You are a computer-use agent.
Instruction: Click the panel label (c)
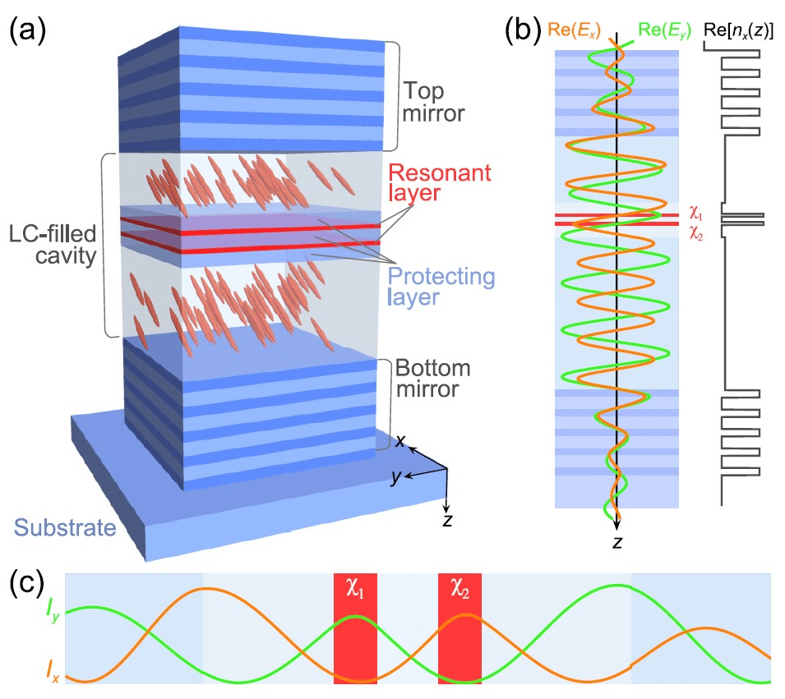tap(28, 585)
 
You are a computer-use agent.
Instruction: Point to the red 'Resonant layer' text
tap(439, 184)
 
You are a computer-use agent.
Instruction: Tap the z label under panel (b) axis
tap(616, 542)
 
